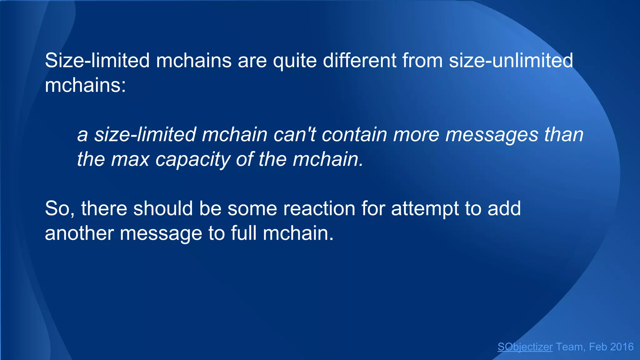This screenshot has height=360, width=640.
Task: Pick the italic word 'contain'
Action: pyautogui.click(x=354, y=135)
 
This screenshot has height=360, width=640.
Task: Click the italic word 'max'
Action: pyautogui.click(x=130, y=159)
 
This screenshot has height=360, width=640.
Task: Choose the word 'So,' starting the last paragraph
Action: pyautogui.click(x=60, y=209)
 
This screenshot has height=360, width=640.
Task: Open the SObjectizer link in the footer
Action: pyautogui.click(x=525, y=347)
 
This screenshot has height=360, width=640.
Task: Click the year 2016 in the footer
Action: pyautogui.click(x=622, y=347)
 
